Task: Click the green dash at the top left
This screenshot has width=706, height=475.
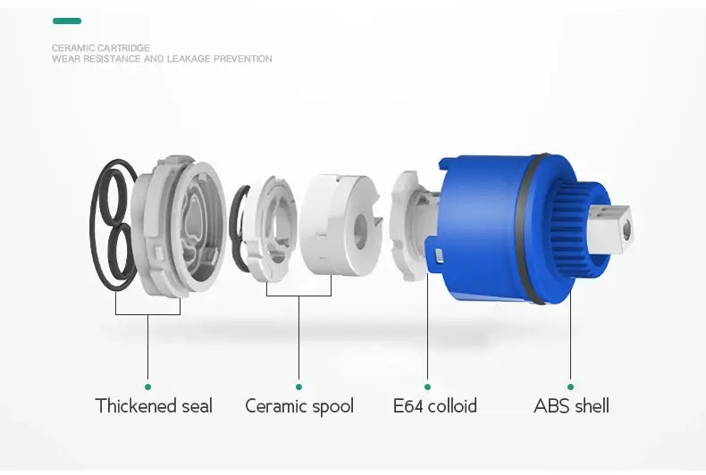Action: (x=67, y=21)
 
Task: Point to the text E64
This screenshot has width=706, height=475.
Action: (x=408, y=405)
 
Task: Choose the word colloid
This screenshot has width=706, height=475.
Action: (x=452, y=405)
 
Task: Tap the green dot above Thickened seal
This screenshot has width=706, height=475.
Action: (x=147, y=387)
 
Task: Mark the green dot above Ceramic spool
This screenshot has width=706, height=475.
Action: (x=298, y=387)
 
